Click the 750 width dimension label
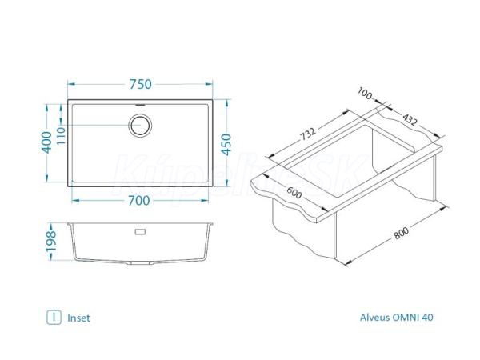point(141,84)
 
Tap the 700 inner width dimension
point(138,201)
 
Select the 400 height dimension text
point(47,142)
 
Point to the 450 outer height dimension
point(226,145)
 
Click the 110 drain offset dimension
point(61,136)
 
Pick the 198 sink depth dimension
point(51,241)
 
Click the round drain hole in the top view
point(140,126)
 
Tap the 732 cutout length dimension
point(307,134)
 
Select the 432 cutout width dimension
point(410,119)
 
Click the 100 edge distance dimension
point(364,93)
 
